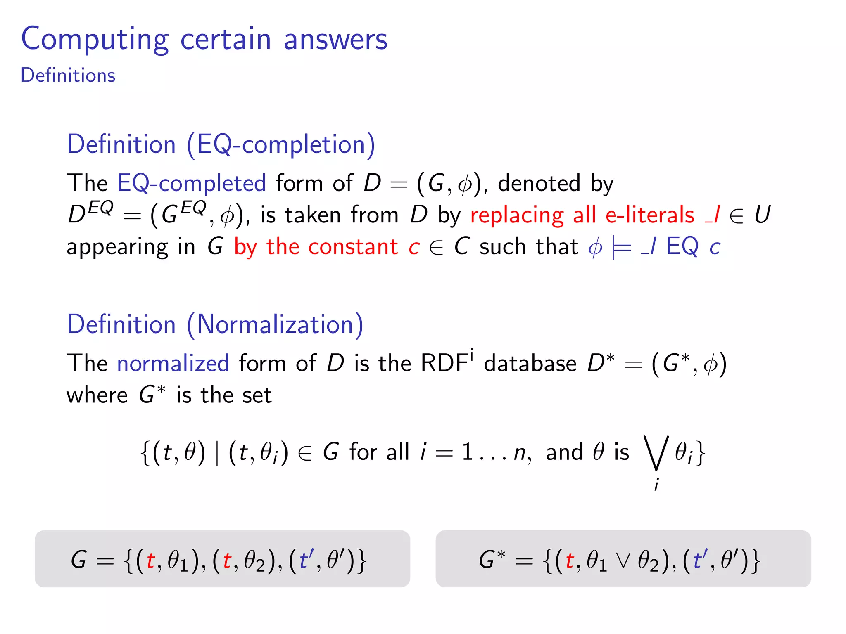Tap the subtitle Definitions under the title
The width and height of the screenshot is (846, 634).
(68, 76)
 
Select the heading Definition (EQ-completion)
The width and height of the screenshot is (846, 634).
(221, 145)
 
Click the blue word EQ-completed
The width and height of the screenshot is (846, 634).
(191, 183)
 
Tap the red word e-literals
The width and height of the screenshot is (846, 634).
(649, 215)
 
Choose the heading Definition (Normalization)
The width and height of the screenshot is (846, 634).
(215, 325)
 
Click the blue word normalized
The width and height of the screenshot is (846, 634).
(173, 364)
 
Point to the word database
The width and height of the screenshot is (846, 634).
(530, 364)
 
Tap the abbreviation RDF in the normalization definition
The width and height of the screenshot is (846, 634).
(444, 363)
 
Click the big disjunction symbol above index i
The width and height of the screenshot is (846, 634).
(656, 453)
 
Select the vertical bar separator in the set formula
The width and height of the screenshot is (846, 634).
(217, 453)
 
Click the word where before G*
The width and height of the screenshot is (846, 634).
(97, 395)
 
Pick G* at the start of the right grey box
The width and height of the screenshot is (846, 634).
(492, 560)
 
